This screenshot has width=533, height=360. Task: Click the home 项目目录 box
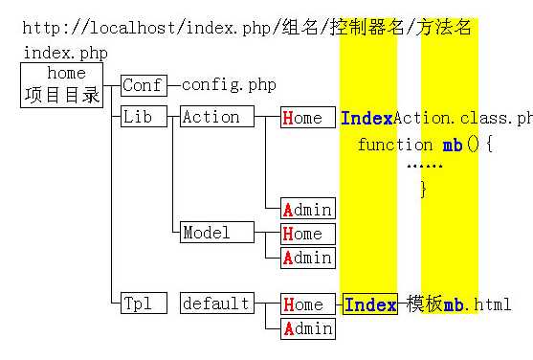click(x=62, y=84)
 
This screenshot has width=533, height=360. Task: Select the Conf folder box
click(x=143, y=85)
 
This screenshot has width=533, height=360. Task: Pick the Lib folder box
click(x=143, y=117)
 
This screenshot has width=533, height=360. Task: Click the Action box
click(x=217, y=117)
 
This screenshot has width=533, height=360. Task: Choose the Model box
click(x=217, y=233)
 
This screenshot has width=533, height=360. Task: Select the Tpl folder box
click(x=143, y=304)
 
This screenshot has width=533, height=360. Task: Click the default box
click(x=217, y=304)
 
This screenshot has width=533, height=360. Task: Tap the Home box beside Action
click(x=307, y=118)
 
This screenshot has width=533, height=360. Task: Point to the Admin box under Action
click(x=307, y=209)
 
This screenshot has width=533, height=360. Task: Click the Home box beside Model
click(x=307, y=234)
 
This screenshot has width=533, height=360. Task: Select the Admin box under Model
click(x=307, y=258)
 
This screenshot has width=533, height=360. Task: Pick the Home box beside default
click(x=307, y=305)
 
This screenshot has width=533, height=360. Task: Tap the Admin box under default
click(x=307, y=329)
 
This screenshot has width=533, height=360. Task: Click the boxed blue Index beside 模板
click(x=370, y=305)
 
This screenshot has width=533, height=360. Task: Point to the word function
click(x=395, y=145)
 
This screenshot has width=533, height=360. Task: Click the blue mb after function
click(x=453, y=145)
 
